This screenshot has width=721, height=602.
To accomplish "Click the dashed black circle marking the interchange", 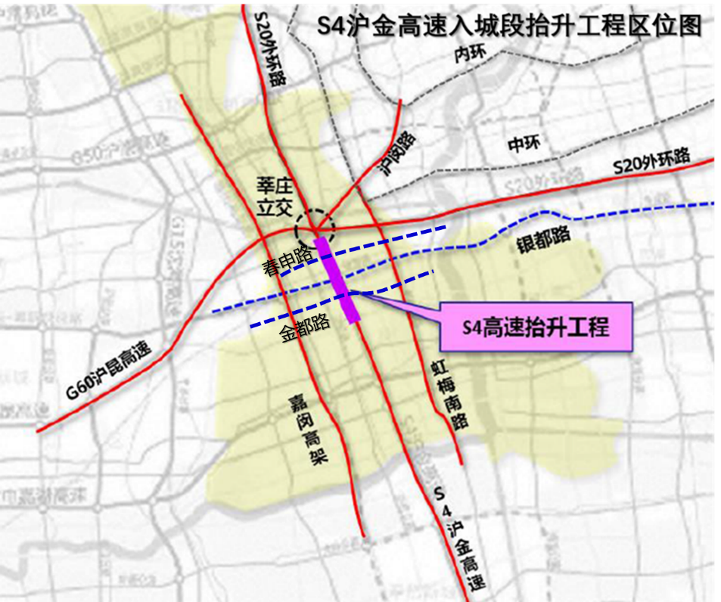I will click(x=316, y=223).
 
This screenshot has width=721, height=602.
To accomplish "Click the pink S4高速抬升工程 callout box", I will click(x=536, y=327).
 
